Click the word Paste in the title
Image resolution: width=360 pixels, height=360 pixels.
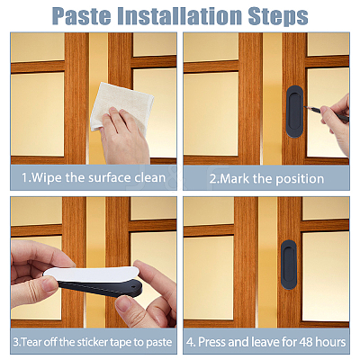[82, 16]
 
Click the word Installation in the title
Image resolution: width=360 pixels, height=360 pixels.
[179, 16]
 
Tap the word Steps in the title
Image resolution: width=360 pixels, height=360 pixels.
[278, 16]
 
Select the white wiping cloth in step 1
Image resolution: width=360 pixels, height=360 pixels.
[121, 106]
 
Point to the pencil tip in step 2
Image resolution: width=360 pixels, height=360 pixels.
[305, 107]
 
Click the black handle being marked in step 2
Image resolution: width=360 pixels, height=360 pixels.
[295, 112]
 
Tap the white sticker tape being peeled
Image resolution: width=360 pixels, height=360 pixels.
[93, 274]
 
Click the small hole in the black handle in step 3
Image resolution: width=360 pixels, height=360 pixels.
[133, 289]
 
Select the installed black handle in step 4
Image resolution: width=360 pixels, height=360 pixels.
[289, 265]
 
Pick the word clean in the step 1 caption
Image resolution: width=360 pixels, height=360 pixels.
[149, 178]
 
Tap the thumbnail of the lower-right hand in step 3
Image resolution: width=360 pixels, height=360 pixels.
[124, 302]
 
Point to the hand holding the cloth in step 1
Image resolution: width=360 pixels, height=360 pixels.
[124, 135]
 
